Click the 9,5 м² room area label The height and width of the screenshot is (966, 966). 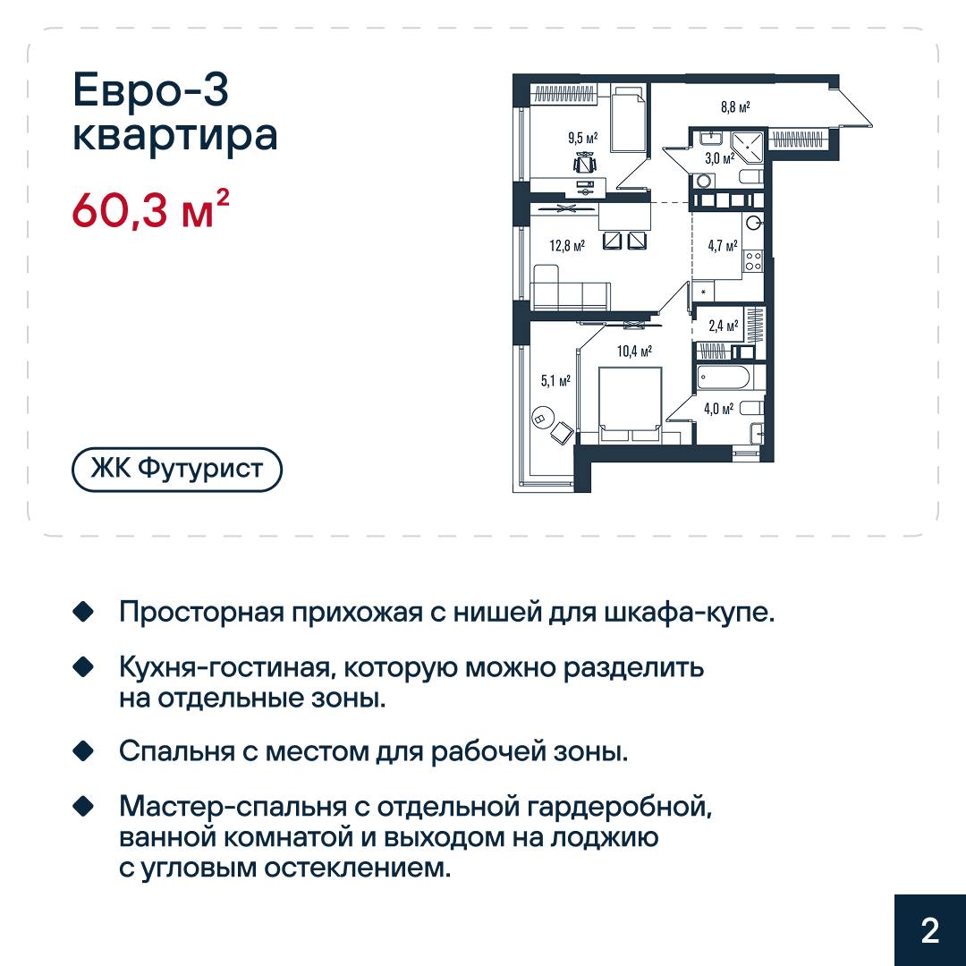coord(583,138)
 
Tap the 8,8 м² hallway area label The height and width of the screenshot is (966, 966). coord(735,107)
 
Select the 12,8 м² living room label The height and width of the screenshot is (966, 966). coord(567,246)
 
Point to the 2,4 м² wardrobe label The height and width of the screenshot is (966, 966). coord(724,326)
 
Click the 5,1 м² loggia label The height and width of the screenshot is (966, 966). coord(555,381)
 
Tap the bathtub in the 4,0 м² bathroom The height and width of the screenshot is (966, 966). coord(724,378)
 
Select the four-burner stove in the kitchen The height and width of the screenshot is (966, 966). coord(753,260)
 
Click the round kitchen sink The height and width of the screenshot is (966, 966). coord(754,223)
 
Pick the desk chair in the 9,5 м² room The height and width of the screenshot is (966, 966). coord(585,162)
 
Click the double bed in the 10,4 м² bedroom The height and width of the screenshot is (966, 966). coord(631,405)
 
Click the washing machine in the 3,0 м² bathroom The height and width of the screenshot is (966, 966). coord(703,181)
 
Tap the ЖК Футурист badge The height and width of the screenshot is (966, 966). coord(177,469)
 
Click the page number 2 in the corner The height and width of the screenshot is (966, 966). coord(929,930)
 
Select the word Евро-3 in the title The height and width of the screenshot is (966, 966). coord(151,91)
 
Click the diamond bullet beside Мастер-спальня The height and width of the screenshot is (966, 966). coord(82,806)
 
